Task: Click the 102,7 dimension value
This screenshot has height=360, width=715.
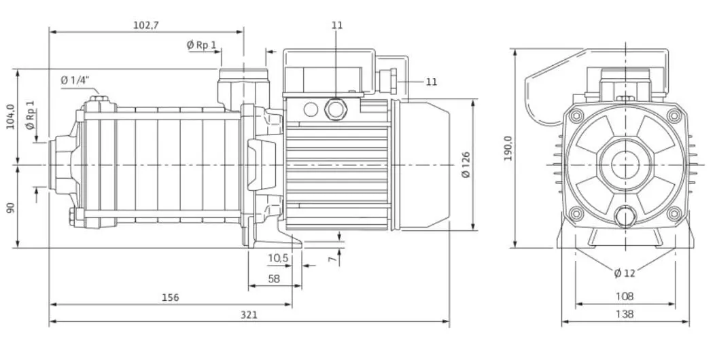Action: pos(146,25)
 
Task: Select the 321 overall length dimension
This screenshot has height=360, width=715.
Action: pos(249,314)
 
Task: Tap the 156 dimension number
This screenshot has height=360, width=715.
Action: pos(170,298)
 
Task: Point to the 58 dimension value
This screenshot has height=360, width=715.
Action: pos(274,278)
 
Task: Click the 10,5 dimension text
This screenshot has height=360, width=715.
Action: pos(278,258)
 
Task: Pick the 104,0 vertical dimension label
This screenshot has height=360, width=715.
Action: pos(10,117)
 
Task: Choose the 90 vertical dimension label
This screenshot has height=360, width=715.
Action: pos(10,207)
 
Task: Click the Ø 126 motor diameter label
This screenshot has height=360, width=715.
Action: pos(466,165)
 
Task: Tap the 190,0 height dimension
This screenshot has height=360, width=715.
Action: pos(508,148)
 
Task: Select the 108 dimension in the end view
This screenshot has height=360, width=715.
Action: pos(624,297)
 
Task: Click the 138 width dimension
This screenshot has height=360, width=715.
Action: pos(624,314)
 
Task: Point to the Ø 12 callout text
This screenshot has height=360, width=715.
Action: pos(624,273)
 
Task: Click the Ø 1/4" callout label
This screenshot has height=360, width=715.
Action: pos(75,81)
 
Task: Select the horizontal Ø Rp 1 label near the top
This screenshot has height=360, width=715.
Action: pos(202,45)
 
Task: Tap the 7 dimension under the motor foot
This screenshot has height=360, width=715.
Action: pos(333,259)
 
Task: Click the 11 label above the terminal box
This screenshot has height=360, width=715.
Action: pos(336,25)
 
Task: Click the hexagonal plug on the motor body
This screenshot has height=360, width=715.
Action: pos(336,109)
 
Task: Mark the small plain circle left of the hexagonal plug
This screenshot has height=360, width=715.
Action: pos(311,109)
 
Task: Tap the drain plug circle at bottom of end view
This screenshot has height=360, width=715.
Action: pos(624,217)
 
